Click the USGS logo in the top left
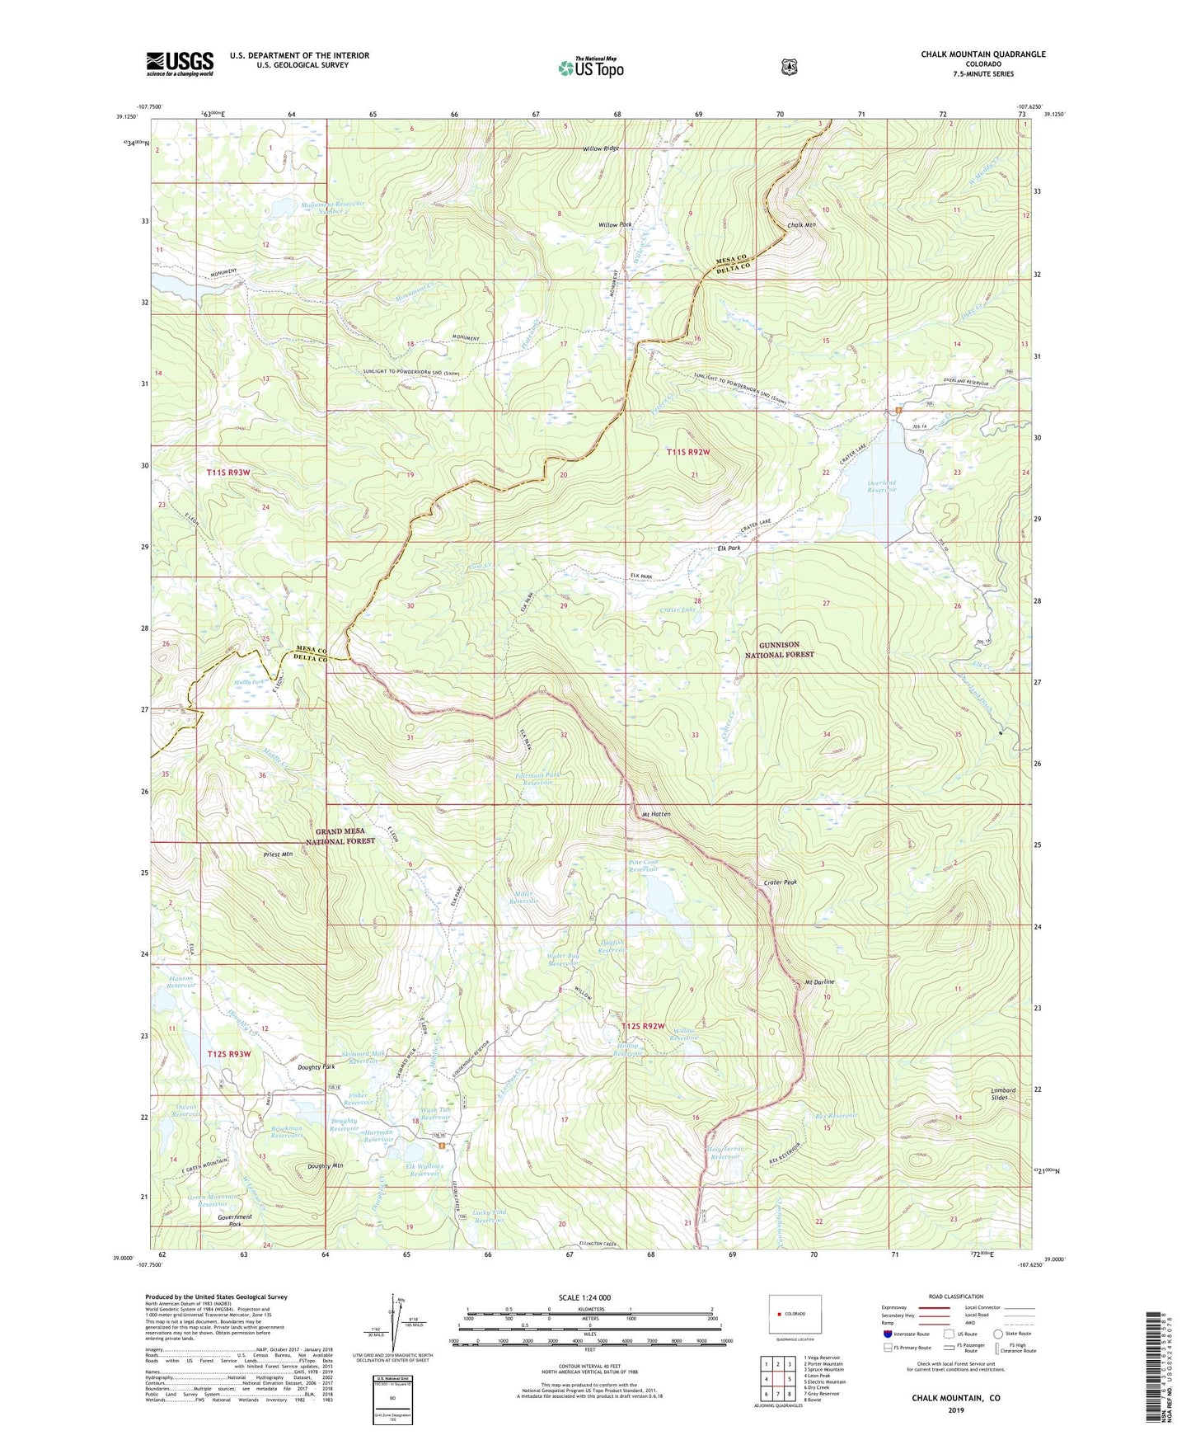tap(180, 64)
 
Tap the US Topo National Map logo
tap(589, 68)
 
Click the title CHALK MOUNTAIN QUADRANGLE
tap(982, 54)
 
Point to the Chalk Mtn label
tap(801, 225)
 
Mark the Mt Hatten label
tap(656, 814)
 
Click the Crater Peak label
tap(780, 882)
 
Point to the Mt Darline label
tap(819, 982)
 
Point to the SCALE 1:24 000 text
tap(584, 1297)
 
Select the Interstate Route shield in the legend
tap(887, 1333)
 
